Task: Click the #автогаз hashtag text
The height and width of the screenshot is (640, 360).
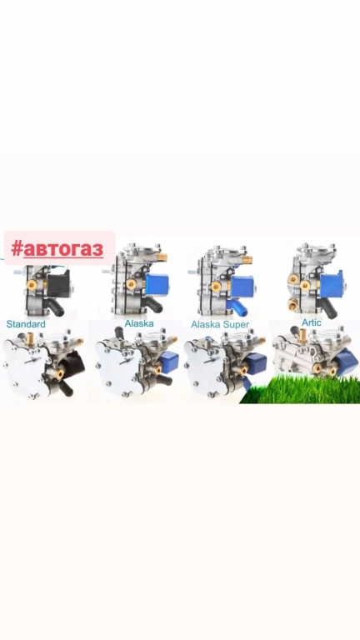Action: coord(57,248)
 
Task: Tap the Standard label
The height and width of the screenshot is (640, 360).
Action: coord(26,324)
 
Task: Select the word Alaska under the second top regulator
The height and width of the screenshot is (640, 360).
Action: coord(139,323)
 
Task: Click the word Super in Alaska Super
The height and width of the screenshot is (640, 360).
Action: coord(235,325)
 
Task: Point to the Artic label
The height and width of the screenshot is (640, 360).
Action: coord(312,322)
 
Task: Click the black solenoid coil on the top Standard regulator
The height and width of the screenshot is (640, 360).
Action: coord(58,283)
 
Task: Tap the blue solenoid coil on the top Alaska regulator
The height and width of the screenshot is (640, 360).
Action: coord(157,283)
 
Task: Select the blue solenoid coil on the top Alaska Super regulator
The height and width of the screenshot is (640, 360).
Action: coord(242,286)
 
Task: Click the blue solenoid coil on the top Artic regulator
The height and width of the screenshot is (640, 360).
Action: coord(332,283)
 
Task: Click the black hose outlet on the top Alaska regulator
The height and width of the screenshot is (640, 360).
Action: coord(152,304)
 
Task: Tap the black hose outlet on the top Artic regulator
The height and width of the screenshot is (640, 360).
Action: coord(328,308)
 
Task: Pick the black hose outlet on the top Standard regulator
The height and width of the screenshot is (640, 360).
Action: coord(55,307)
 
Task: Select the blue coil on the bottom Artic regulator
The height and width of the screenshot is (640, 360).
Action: coord(346,362)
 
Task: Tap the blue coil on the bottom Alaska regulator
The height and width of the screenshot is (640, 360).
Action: coord(169,361)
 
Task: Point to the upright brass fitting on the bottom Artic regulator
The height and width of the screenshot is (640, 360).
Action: coord(302,336)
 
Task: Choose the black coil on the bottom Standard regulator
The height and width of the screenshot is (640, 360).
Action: coord(73,364)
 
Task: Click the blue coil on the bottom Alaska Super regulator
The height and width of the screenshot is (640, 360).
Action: coord(256,364)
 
